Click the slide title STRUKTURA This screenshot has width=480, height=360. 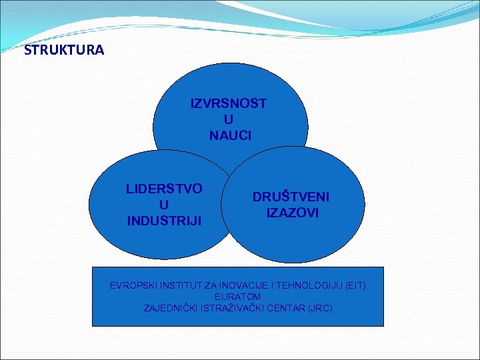tap(64, 50)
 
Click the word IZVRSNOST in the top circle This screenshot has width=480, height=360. tap(229, 103)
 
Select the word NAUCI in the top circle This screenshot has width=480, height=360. tap(230, 135)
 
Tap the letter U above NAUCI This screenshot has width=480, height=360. tap(229, 119)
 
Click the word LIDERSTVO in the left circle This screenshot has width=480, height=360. tap(164, 189)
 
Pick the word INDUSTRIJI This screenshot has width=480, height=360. tap(164, 220)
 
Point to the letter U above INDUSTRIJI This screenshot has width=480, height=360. tap(164, 205)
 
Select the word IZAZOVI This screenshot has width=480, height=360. tap(292, 213)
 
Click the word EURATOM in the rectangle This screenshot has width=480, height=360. tap(238, 297)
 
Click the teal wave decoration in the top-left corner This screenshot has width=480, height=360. tap(27, 20)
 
